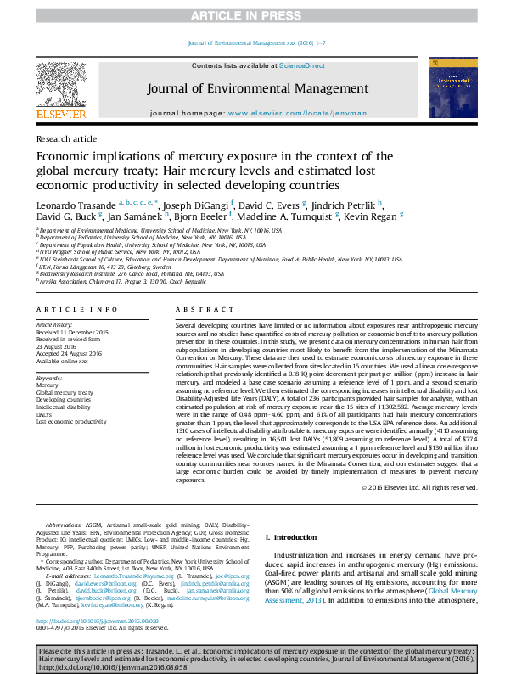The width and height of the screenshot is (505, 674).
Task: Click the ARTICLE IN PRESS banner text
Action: coord(252,16)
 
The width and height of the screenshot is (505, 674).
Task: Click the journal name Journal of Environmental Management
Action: coord(257,88)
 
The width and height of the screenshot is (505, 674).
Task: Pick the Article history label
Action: coord(53,324)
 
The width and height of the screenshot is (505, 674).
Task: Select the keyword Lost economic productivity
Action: coord(70,420)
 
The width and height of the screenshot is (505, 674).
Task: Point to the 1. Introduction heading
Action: coord(293,537)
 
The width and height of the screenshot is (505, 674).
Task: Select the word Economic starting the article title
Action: coord(64,156)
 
